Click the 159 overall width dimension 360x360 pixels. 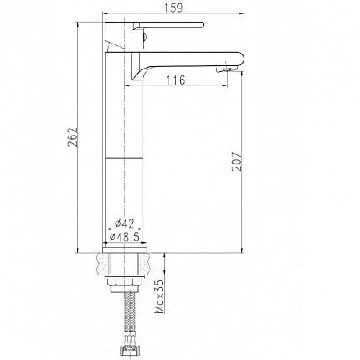point(173,8)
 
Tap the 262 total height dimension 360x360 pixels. point(72,137)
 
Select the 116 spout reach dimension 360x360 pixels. point(176,80)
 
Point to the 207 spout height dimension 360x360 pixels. point(237,162)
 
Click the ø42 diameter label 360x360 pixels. point(125,224)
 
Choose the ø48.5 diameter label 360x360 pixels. point(125,237)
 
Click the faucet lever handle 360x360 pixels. point(168,24)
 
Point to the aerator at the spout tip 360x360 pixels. point(225,69)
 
